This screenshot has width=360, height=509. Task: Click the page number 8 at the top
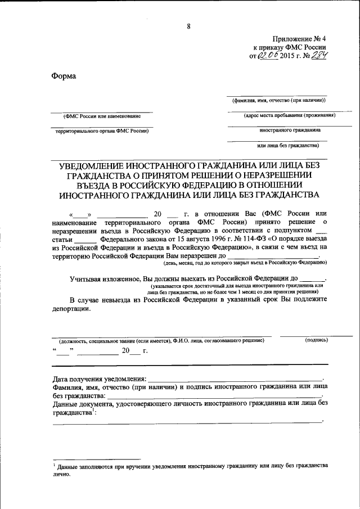tap(189, 25)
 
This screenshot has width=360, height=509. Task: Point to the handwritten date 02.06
tap(269, 55)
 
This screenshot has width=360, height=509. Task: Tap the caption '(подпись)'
tap(316, 340)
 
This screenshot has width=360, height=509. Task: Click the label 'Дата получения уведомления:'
tap(100, 379)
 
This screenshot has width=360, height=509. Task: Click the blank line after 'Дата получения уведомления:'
tap(236, 380)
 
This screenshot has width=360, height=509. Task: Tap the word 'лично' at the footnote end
tap(62, 474)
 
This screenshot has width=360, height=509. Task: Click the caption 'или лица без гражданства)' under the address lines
tap(287, 145)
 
